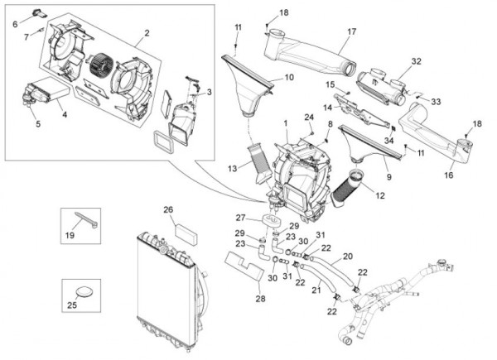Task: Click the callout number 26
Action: [x=168, y=209]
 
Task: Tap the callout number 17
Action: [x=352, y=31]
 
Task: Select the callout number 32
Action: [x=417, y=61]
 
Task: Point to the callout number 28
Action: [x=260, y=298]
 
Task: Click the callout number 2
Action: [x=147, y=33]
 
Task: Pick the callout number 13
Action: [x=232, y=169]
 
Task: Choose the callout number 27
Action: [x=240, y=218]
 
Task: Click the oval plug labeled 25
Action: [x=84, y=292]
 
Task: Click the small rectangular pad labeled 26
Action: [x=186, y=233]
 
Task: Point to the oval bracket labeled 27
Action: [x=270, y=220]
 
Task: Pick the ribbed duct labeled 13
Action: [x=261, y=164]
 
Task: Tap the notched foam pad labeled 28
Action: [x=244, y=266]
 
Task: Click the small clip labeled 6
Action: [x=40, y=12]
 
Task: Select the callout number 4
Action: [x=65, y=114]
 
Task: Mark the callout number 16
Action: [x=449, y=175]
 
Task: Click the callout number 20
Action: [x=348, y=256]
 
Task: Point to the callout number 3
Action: [x=210, y=92]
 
